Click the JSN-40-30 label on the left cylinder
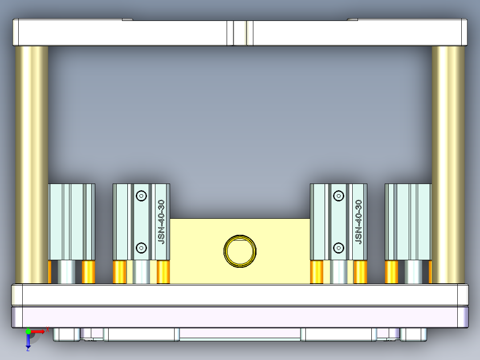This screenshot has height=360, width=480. (162, 221)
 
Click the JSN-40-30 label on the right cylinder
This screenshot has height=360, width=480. (359, 221)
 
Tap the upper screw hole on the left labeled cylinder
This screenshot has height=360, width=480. (142, 196)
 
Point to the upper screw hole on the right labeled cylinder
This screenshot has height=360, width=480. (339, 196)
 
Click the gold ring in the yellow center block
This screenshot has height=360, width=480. (240, 251)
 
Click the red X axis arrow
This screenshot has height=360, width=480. (41, 331)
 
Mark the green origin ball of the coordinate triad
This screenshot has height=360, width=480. (28, 331)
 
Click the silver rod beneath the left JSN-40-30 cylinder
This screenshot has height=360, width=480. (142, 272)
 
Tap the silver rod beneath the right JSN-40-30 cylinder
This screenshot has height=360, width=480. (339, 272)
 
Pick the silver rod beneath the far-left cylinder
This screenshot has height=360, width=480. (67, 272)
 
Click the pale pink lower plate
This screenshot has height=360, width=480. (240, 317)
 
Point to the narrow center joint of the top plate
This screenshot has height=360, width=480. (240, 33)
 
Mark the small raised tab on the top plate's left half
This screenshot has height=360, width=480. (127, 20)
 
